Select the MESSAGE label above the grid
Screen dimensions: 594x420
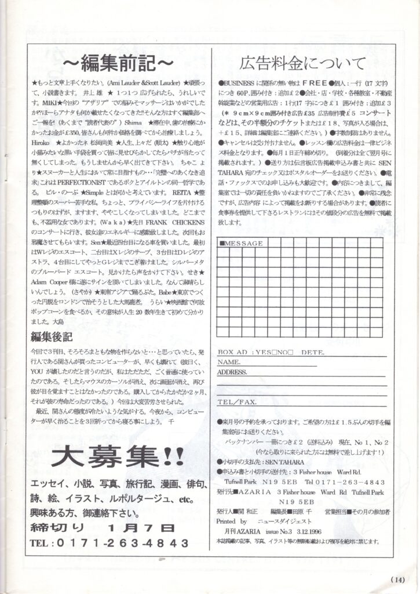(243, 243)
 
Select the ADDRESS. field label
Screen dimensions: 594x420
(232, 372)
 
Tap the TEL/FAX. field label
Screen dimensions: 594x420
(236, 401)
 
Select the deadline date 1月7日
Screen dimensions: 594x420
(141, 527)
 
